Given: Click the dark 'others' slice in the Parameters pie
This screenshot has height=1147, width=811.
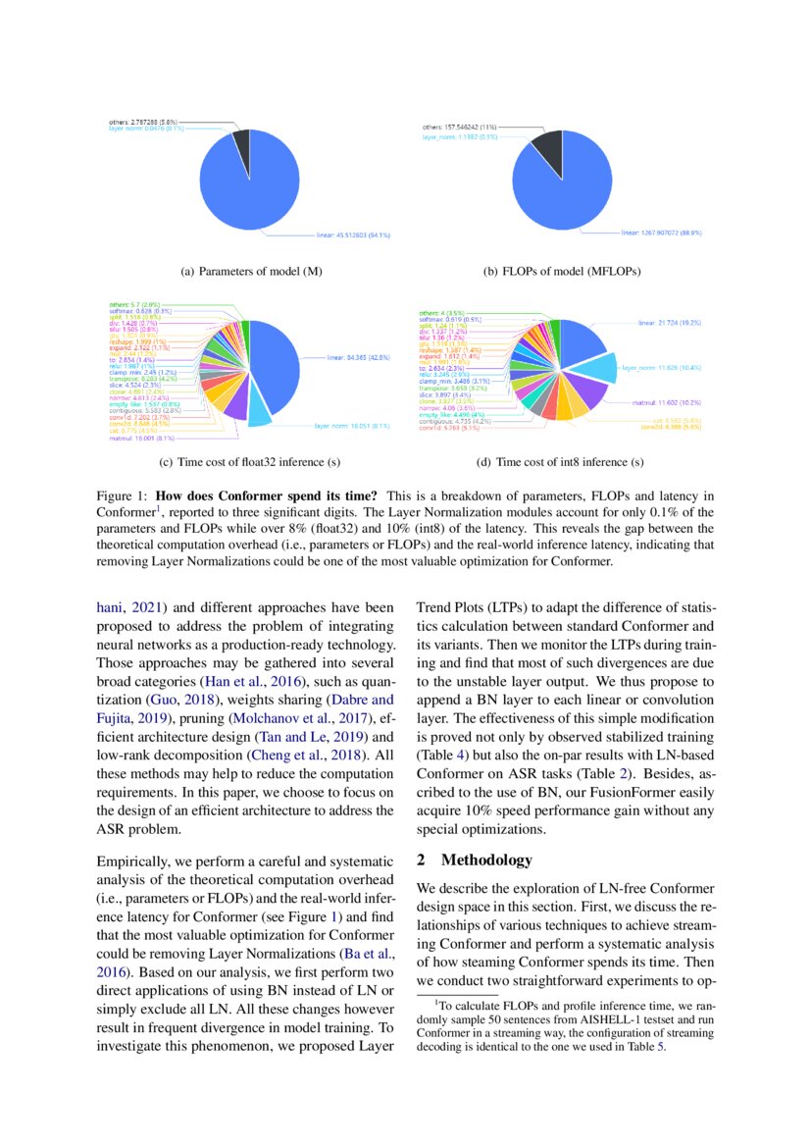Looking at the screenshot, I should (239, 145).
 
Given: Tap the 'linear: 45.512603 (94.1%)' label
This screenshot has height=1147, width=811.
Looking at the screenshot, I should (354, 235).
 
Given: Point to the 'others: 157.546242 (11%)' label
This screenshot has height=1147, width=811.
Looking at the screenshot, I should (464, 127).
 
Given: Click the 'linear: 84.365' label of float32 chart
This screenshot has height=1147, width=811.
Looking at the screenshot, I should (357, 359).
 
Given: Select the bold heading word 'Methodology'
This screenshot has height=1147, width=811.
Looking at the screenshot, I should (486, 860).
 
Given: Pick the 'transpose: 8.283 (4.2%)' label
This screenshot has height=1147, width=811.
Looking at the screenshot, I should (142, 378).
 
